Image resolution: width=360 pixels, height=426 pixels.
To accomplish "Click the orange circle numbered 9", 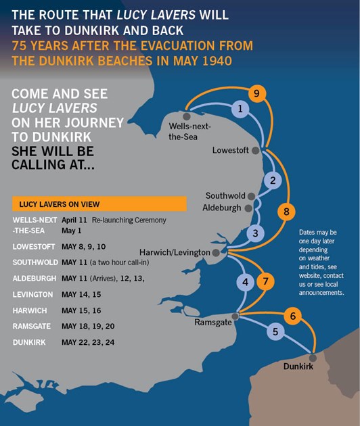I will coord(255,93).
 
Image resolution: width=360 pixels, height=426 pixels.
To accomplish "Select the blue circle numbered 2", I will coord(272,181).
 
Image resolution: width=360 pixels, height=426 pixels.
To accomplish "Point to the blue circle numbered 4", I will coord(246,281).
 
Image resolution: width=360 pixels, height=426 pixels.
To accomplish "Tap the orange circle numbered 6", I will coord(292,316).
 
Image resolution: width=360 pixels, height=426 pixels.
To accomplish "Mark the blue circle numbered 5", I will coord(274,332).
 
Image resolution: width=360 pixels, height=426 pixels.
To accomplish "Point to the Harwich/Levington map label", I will coord(174,252).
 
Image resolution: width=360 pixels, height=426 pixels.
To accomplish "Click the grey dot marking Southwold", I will coord(252,195).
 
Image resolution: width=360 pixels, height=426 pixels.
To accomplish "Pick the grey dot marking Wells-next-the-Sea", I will coord(187,116).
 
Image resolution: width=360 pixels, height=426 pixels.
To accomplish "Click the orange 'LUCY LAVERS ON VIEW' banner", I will coord(99,204).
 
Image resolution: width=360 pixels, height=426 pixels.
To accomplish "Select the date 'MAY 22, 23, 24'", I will coord(88,342).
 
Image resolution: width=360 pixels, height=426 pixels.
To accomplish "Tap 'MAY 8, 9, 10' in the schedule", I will coord(84,247).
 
